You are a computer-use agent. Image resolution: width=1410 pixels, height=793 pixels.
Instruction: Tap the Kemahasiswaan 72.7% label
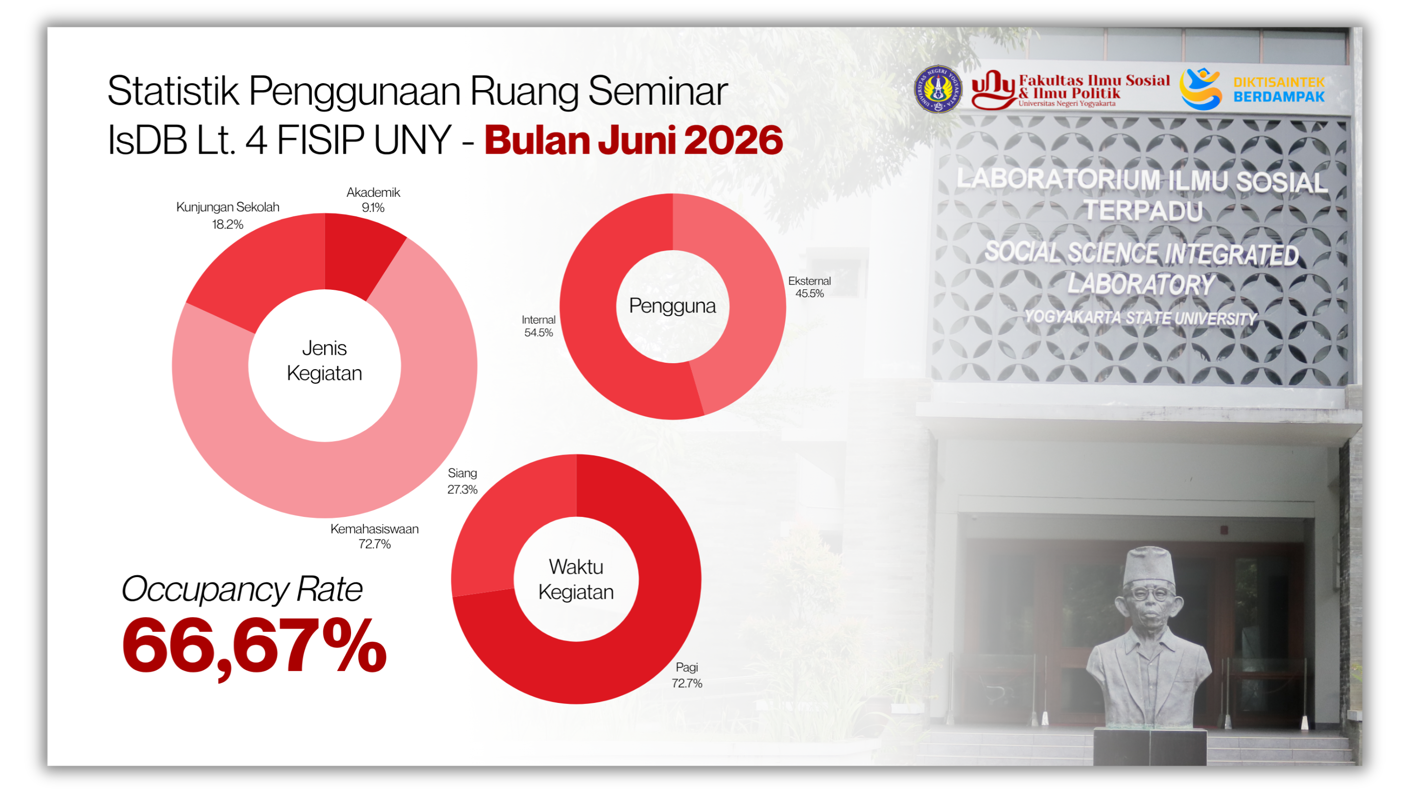pos(375,536)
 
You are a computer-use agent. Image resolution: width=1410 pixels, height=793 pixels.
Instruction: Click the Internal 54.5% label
pos(539,326)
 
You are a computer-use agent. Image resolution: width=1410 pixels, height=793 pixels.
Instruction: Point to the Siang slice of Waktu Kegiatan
pos(509,525)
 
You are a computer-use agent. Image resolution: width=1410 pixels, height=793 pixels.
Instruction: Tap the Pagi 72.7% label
pos(687,675)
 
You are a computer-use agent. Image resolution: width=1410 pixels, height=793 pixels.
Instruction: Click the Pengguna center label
pos(672,305)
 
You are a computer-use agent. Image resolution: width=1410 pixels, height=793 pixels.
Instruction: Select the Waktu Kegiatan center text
pos(576,579)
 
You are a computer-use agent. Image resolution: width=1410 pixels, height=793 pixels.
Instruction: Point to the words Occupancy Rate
pos(242,589)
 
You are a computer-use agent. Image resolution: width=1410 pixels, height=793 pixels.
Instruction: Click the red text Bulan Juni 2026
pos(634,140)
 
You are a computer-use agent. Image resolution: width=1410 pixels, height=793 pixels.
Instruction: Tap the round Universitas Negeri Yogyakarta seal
pos(938,89)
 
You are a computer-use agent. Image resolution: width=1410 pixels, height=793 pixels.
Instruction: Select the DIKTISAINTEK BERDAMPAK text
pos(1279,89)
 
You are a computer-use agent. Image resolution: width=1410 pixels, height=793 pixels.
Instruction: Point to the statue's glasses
pos(1150,593)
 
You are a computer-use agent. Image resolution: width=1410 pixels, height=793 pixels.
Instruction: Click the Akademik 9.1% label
pos(373,200)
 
